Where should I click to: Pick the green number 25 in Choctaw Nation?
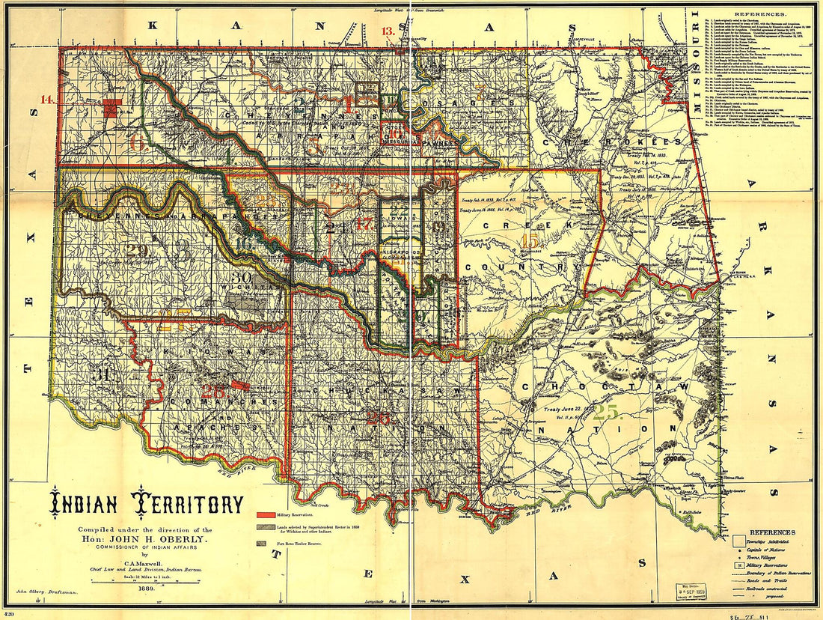[608, 412]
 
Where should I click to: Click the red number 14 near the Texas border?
[47, 99]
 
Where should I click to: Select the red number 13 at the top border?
[388, 31]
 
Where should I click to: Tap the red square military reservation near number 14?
[111, 108]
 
